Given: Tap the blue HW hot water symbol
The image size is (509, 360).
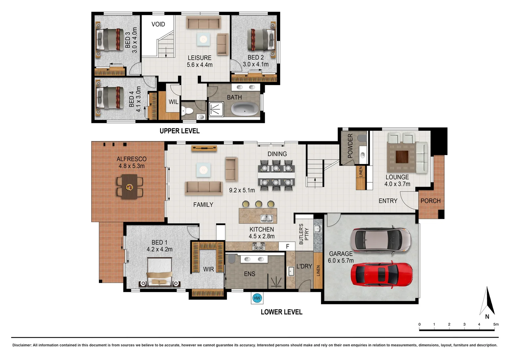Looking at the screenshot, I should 257,298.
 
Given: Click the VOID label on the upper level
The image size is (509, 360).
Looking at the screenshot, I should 158,24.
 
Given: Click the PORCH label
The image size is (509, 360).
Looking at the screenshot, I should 430,201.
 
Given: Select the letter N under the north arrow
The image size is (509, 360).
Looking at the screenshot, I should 487,317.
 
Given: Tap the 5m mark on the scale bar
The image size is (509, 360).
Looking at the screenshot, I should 496,324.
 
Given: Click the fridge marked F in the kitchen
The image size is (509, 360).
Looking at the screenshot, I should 288,246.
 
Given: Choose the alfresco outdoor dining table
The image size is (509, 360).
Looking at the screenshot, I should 130,188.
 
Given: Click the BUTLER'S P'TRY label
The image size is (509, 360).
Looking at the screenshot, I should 304,234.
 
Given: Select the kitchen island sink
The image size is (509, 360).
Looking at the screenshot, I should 266,218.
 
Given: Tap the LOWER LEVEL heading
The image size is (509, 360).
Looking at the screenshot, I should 281,312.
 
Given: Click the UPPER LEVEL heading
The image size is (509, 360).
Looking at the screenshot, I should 180,131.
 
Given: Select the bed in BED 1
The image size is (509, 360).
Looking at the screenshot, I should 160,273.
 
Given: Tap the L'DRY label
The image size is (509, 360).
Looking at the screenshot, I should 304,266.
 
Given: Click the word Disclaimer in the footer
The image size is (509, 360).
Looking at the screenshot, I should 22,345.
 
